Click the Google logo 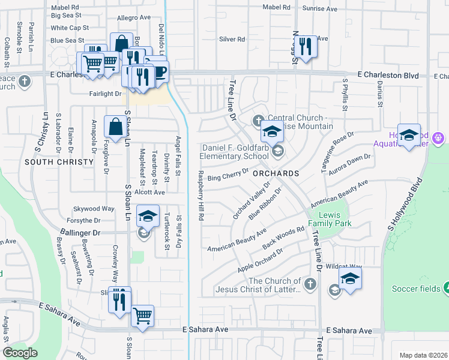coord(20,353)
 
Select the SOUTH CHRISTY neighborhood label coord(59,162)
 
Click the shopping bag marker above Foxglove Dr coord(114,127)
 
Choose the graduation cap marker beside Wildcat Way coord(350,278)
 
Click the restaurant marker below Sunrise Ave coord(306,45)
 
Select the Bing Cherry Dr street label coord(228,175)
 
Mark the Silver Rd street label coord(232,39)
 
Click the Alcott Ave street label coord(149,192)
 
